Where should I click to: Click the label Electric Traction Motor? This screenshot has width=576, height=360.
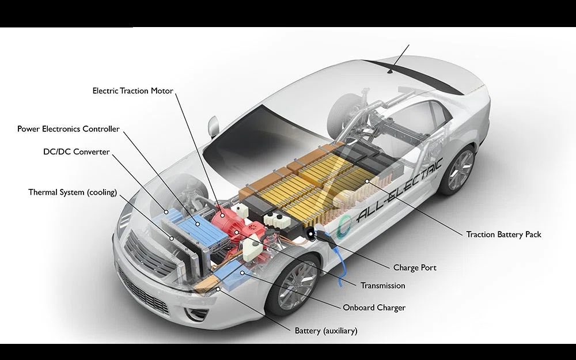(x=132, y=91)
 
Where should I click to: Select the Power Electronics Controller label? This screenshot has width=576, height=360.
(x=69, y=129)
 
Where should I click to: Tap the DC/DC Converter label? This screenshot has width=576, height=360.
(x=76, y=152)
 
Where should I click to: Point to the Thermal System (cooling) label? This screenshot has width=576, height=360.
(x=73, y=192)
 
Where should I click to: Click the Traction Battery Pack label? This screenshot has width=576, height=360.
(x=503, y=234)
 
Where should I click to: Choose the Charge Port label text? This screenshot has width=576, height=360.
(x=415, y=268)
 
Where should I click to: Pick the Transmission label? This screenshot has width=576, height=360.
(x=382, y=286)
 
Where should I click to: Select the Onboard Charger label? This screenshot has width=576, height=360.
(x=374, y=308)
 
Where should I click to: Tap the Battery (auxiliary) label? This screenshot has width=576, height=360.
(x=326, y=331)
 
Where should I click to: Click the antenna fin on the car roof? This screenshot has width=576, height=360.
(x=394, y=70)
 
